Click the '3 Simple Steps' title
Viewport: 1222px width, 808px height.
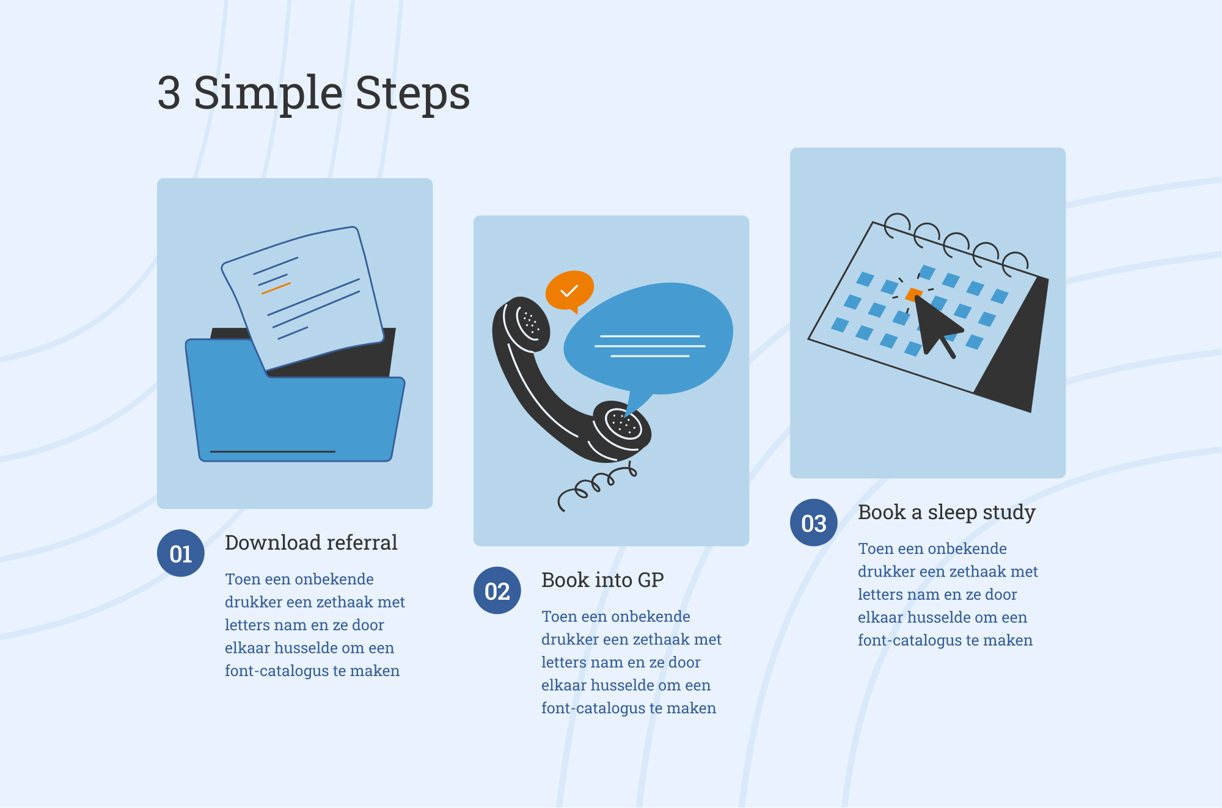coord(313,93)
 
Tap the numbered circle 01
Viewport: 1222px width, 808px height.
coord(181,553)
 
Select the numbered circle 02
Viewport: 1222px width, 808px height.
coord(497,591)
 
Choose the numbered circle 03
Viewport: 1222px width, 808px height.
coord(814,523)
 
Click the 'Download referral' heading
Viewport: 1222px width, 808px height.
coord(311,542)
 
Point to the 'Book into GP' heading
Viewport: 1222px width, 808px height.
coord(602,580)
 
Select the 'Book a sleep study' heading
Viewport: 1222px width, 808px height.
coord(946,512)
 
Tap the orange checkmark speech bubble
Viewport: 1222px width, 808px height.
coord(569,291)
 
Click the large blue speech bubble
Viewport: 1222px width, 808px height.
coord(649,340)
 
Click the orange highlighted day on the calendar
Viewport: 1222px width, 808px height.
coord(913,295)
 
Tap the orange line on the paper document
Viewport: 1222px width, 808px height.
coord(276,288)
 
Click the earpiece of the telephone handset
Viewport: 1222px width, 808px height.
coord(526,323)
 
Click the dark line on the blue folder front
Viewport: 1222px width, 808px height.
coord(273,452)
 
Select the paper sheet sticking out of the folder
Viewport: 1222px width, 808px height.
coord(304,297)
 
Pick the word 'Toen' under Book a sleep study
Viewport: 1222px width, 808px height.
coord(875,548)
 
